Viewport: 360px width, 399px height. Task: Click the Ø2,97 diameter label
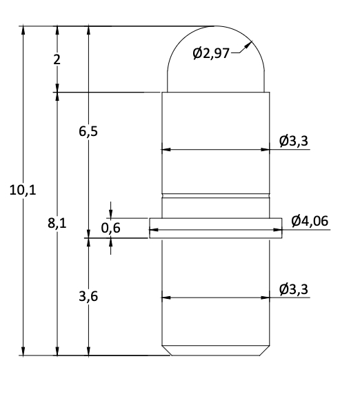tap(210, 54)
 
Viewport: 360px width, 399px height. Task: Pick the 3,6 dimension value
tap(88, 297)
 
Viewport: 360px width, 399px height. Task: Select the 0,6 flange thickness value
tap(110, 228)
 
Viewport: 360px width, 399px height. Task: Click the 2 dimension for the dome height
tap(57, 59)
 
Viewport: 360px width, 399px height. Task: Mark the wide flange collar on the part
tap(215, 228)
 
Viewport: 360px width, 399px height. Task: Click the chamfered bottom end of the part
tap(215, 351)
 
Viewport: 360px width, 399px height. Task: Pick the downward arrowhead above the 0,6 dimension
tap(111, 215)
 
